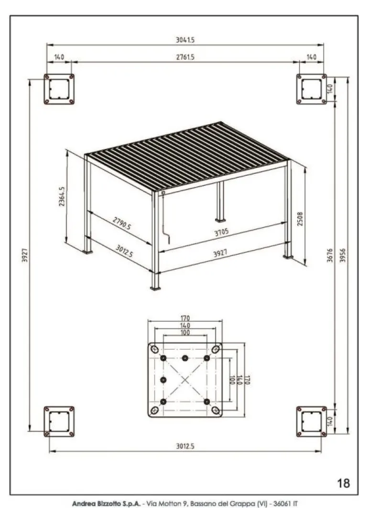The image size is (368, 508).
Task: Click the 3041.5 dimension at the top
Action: (184, 40)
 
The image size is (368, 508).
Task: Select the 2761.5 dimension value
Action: (184, 57)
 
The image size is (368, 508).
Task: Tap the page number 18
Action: (343, 483)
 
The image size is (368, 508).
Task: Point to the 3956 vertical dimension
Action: (343, 256)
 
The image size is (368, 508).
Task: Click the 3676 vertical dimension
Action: (330, 256)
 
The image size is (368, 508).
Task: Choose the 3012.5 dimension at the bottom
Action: (184, 446)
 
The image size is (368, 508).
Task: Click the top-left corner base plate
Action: (59, 89)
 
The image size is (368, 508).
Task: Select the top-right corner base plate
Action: (311, 89)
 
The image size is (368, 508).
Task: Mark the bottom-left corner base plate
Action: (59, 421)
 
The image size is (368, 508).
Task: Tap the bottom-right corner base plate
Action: (311, 421)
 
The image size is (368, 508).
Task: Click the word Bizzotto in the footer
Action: (114, 504)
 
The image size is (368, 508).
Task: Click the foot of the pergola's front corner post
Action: (155, 288)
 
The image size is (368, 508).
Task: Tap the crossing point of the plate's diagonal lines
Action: (185, 379)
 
